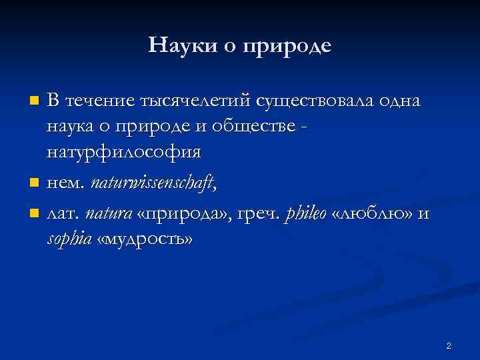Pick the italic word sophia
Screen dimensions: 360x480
pos(69,239)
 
